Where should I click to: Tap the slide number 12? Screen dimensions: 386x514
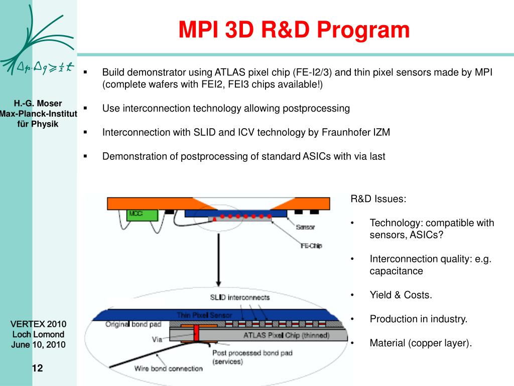[38, 368]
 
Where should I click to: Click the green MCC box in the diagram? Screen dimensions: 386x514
[142, 216]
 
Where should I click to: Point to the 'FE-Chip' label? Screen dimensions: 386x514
[311, 246]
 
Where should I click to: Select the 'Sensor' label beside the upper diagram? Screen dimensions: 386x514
[305, 227]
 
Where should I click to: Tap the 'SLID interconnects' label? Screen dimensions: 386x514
[240, 297]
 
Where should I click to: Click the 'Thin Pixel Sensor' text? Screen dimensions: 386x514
[204, 315]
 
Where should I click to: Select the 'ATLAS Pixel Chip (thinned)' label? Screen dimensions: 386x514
[286, 335]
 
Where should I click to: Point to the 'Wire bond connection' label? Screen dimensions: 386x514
[168, 368]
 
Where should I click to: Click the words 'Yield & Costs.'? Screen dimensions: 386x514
[401, 295]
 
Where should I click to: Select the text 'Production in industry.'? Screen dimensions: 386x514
[418, 319]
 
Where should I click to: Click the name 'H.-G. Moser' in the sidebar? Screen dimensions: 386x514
[38, 104]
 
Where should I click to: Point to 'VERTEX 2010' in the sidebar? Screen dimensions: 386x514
[39, 324]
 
